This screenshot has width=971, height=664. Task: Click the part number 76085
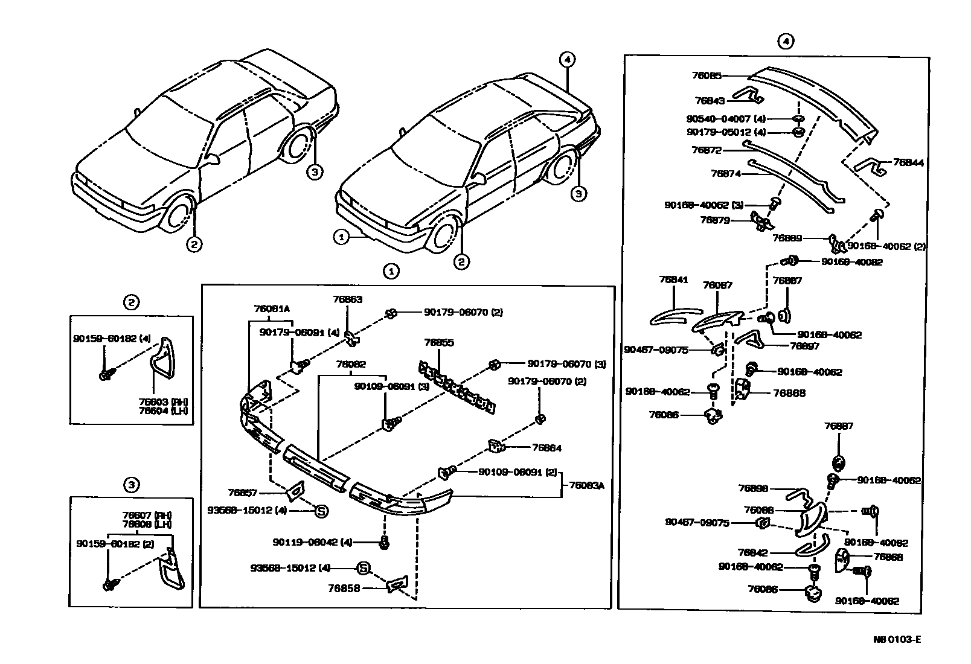(706, 76)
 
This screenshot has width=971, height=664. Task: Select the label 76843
(710, 101)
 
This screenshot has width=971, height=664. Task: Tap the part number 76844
(908, 163)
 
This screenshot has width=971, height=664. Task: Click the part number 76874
(725, 174)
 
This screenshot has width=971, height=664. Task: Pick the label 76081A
(272, 308)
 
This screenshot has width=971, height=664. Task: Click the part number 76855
(439, 342)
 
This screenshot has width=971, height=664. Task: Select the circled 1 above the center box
(391, 272)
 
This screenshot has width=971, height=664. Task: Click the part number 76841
(673, 279)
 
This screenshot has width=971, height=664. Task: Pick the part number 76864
(546, 448)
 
